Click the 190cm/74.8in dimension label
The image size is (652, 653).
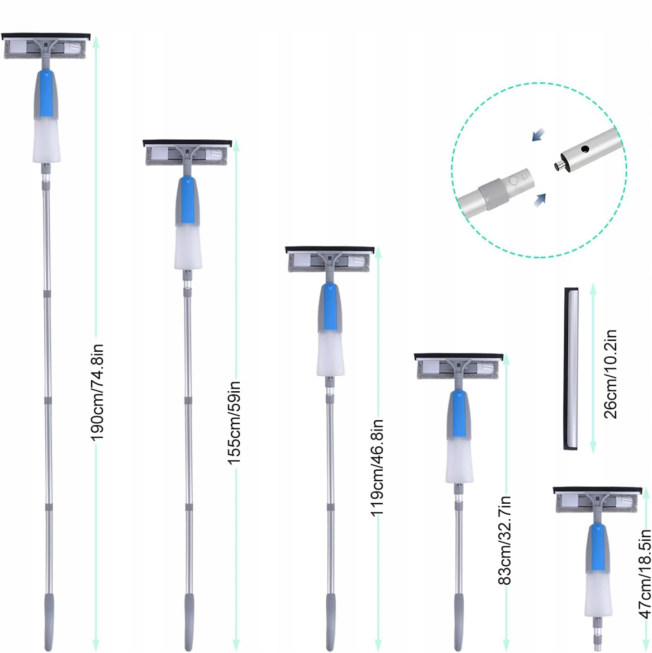pyautogui.click(x=97, y=392)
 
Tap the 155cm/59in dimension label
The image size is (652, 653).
pyautogui.click(x=234, y=422)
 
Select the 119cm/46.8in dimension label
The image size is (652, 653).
pyautogui.click(x=377, y=467)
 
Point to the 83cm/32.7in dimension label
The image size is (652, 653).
pyautogui.click(x=504, y=540)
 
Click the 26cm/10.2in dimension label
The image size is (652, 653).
pyautogui.click(x=610, y=374)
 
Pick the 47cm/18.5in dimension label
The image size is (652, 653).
pyautogui.click(x=645, y=573)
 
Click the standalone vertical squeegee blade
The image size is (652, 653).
pyautogui.click(x=571, y=368)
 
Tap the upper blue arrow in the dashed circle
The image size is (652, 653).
pyautogui.click(x=538, y=135)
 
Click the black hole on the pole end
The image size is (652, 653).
pyautogui.click(x=585, y=149)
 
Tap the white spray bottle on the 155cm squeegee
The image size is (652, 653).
pyautogui.click(x=188, y=247)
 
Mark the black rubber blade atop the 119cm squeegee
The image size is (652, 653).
pyautogui.click(x=329, y=250)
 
